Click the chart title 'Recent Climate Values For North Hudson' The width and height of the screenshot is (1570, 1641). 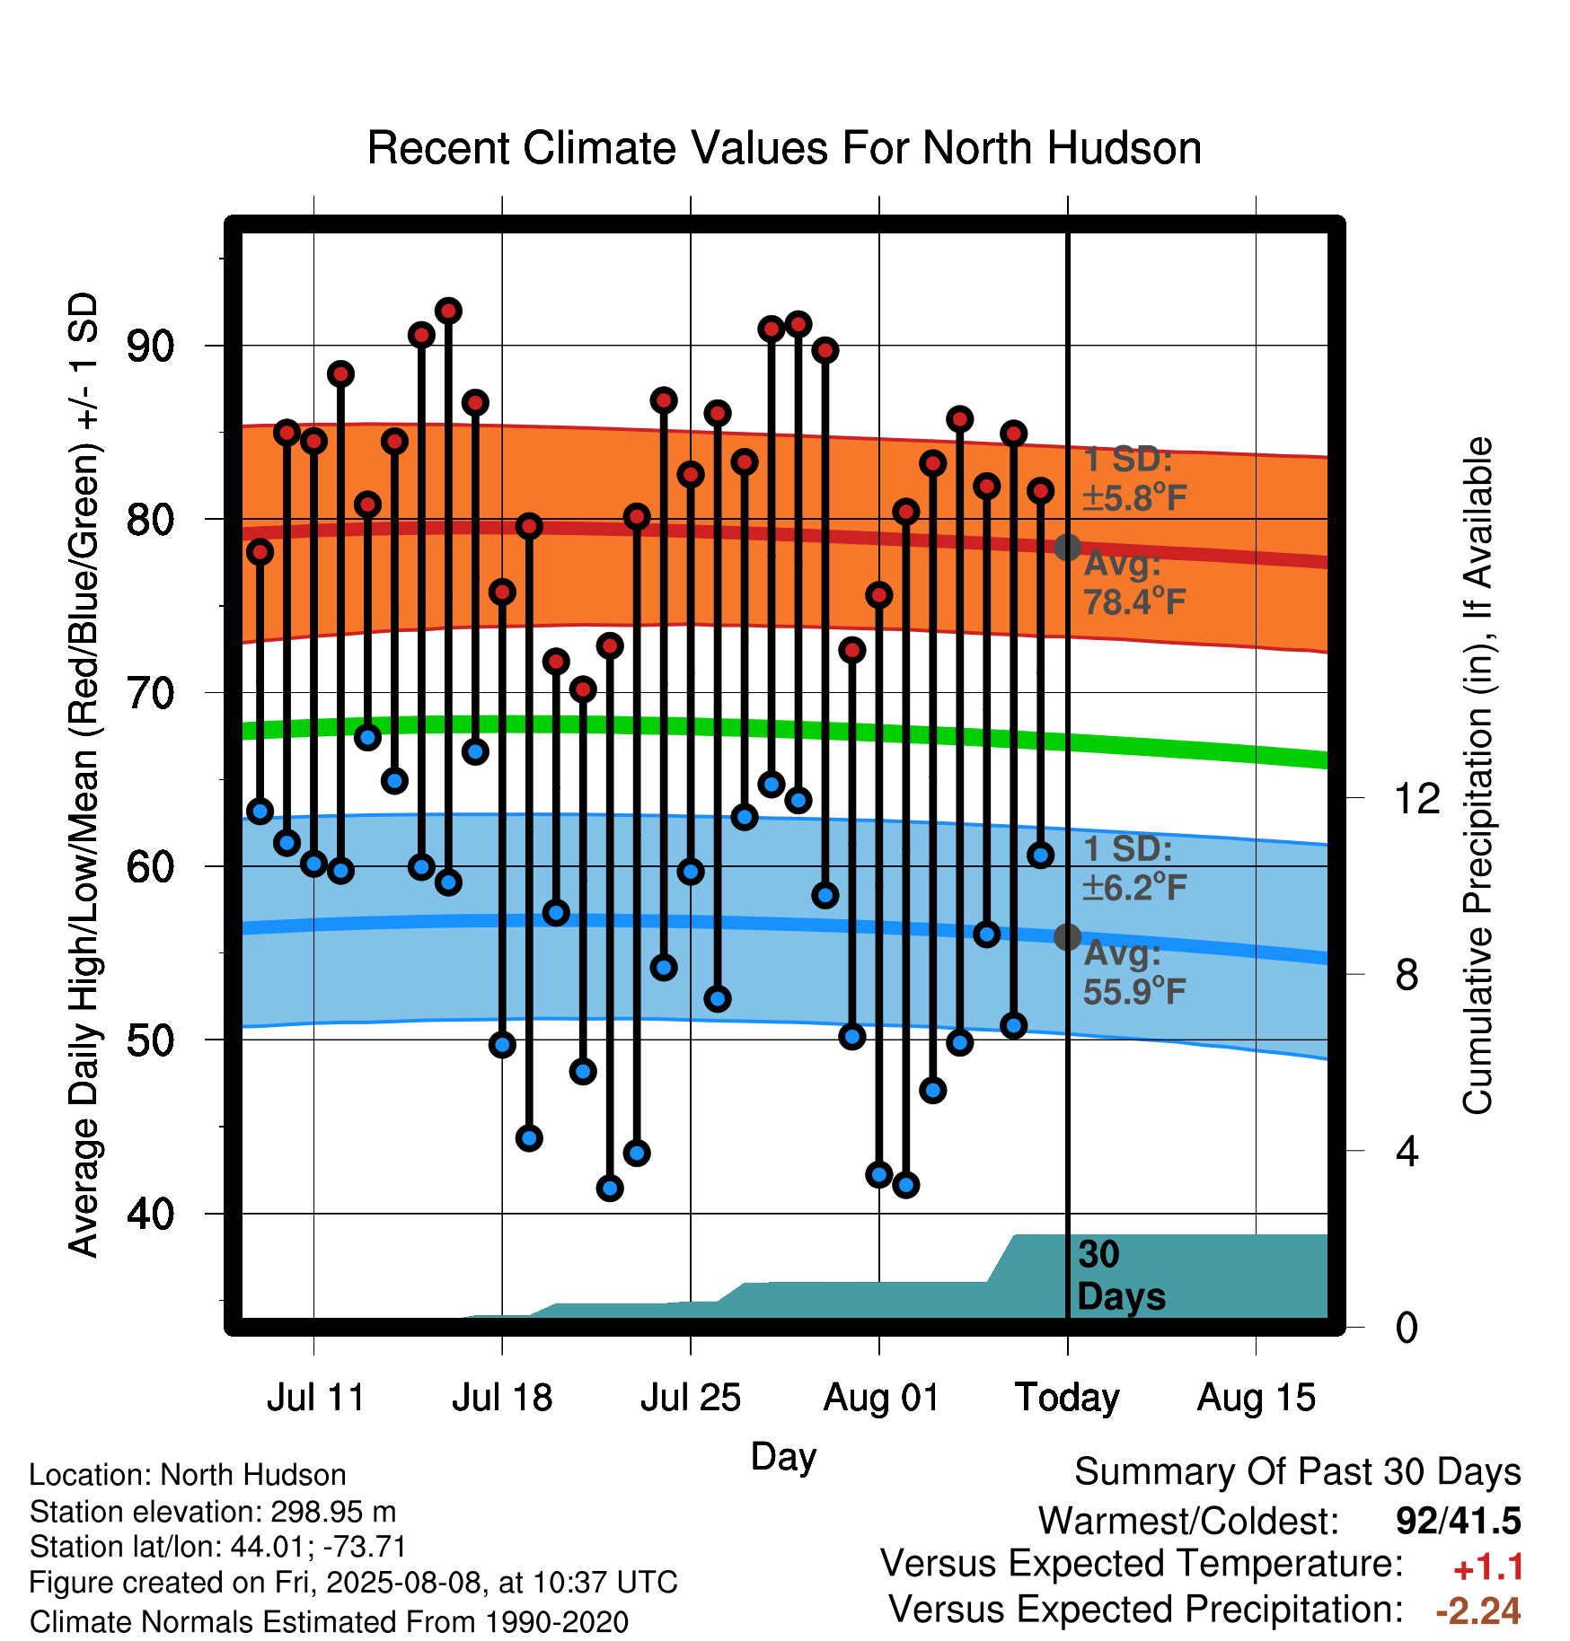point(784,148)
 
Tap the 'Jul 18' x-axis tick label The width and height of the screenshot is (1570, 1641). point(502,1398)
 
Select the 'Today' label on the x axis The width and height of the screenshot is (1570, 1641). point(1067,1398)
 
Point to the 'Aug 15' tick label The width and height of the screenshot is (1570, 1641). point(1257,1398)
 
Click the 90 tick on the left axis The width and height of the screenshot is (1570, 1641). point(150,347)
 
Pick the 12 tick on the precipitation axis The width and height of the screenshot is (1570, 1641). point(1416,798)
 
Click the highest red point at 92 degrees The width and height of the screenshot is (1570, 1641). point(448,311)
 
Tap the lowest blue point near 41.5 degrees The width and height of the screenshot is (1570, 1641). point(610,1189)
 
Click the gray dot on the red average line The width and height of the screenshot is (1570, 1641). point(1067,547)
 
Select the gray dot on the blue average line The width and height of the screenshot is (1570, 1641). point(1067,937)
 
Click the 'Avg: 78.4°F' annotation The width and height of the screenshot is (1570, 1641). point(1134,583)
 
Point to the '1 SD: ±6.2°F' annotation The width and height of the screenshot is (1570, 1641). point(1134,868)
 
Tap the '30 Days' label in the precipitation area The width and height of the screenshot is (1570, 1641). point(1121,1276)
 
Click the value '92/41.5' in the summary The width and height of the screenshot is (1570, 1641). point(1459,1521)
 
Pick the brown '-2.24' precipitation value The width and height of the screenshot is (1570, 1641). point(1478,1610)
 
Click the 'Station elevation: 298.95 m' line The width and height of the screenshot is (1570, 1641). point(213,1512)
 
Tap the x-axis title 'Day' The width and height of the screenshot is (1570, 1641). point(783,1457)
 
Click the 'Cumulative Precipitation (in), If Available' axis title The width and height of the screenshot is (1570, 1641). point(1477,776)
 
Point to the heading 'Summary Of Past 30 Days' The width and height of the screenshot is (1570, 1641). point(1298,1472)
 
